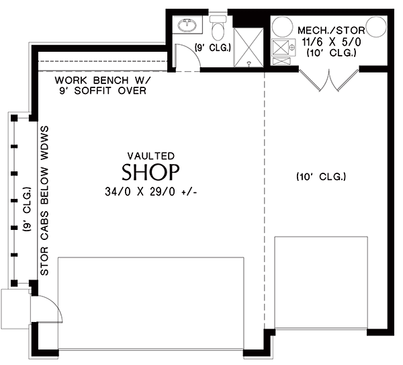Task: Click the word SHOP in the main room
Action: (151, 172)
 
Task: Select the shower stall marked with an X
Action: (249, 46)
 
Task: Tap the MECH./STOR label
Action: (328, 30)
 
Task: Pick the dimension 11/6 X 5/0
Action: (328, 41)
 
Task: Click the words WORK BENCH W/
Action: (103, 80)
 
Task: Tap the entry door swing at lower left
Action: (48, 311)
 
